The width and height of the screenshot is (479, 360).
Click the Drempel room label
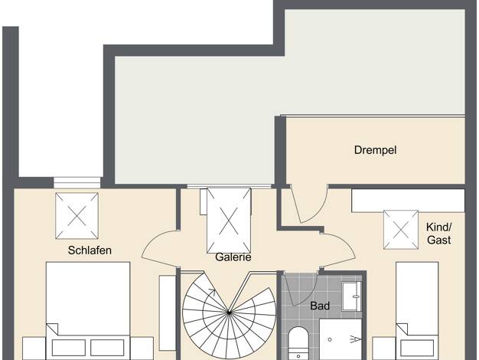pyautogui.click(x=376, y=150)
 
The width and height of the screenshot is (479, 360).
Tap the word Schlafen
pyautogui.click(x=90, y=250)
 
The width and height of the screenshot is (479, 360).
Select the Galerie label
pyautogui.click(x=233, y=257)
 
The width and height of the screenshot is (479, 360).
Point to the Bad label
pyautogui.click(x=320, y=306)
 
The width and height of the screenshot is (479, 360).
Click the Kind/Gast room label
pyautogui.click(x=439, y=234)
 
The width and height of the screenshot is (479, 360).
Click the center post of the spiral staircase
pyautogui.click(x=229, y=313)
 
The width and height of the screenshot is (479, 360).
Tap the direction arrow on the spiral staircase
pyautogui.click(x=210, y=292)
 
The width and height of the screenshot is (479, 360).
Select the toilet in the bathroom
pyautogui.click(x=298, y=343)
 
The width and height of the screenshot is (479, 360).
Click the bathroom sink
pyautogui.click(x=351, y=296)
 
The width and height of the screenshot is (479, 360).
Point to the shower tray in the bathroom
pyautogui.click(x=341, y=339)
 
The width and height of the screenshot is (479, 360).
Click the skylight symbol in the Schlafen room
pyautogui.click(x=77, y=216)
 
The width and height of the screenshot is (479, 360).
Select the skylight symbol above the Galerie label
pyautogui.click(x=229, y=221)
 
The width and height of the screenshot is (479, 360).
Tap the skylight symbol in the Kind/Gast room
pyautogui.click(x=401, y=230)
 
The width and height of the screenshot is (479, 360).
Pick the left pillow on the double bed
pyautogui.click(x=69, y=348)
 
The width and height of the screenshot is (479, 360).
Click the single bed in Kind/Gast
pyautogui.click(x=417, y=311)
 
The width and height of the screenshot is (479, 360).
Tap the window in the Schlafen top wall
pyautogui.click(x=77, y=182)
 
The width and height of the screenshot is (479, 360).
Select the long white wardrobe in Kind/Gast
pyautogui.click(x=408, y=201)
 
